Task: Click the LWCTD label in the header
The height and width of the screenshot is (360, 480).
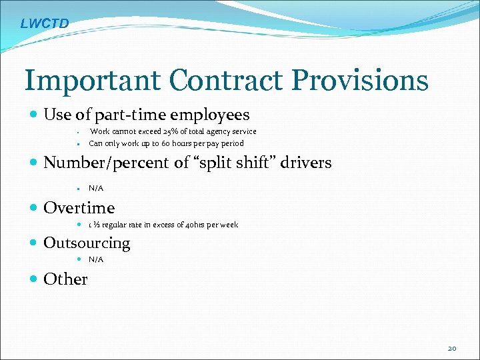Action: click(x=44, y=24)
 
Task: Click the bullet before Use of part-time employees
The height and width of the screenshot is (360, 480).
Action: click(x=35, y=115)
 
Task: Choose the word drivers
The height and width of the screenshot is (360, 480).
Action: click(x=309, y=163)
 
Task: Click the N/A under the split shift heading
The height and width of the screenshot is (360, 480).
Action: click(x=96, y=189)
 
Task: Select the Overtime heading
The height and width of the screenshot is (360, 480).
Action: click(x=79, y=207)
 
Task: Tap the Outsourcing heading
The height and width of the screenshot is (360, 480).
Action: click(x=87, y=243)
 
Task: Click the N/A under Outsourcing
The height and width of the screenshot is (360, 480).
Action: click(x=96, y=259)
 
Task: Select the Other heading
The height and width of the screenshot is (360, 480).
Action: click(x=65, y=279)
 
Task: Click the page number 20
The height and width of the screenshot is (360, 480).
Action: click(x=452, y=348)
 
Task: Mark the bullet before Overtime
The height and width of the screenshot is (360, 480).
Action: click(x=35, y=208)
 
